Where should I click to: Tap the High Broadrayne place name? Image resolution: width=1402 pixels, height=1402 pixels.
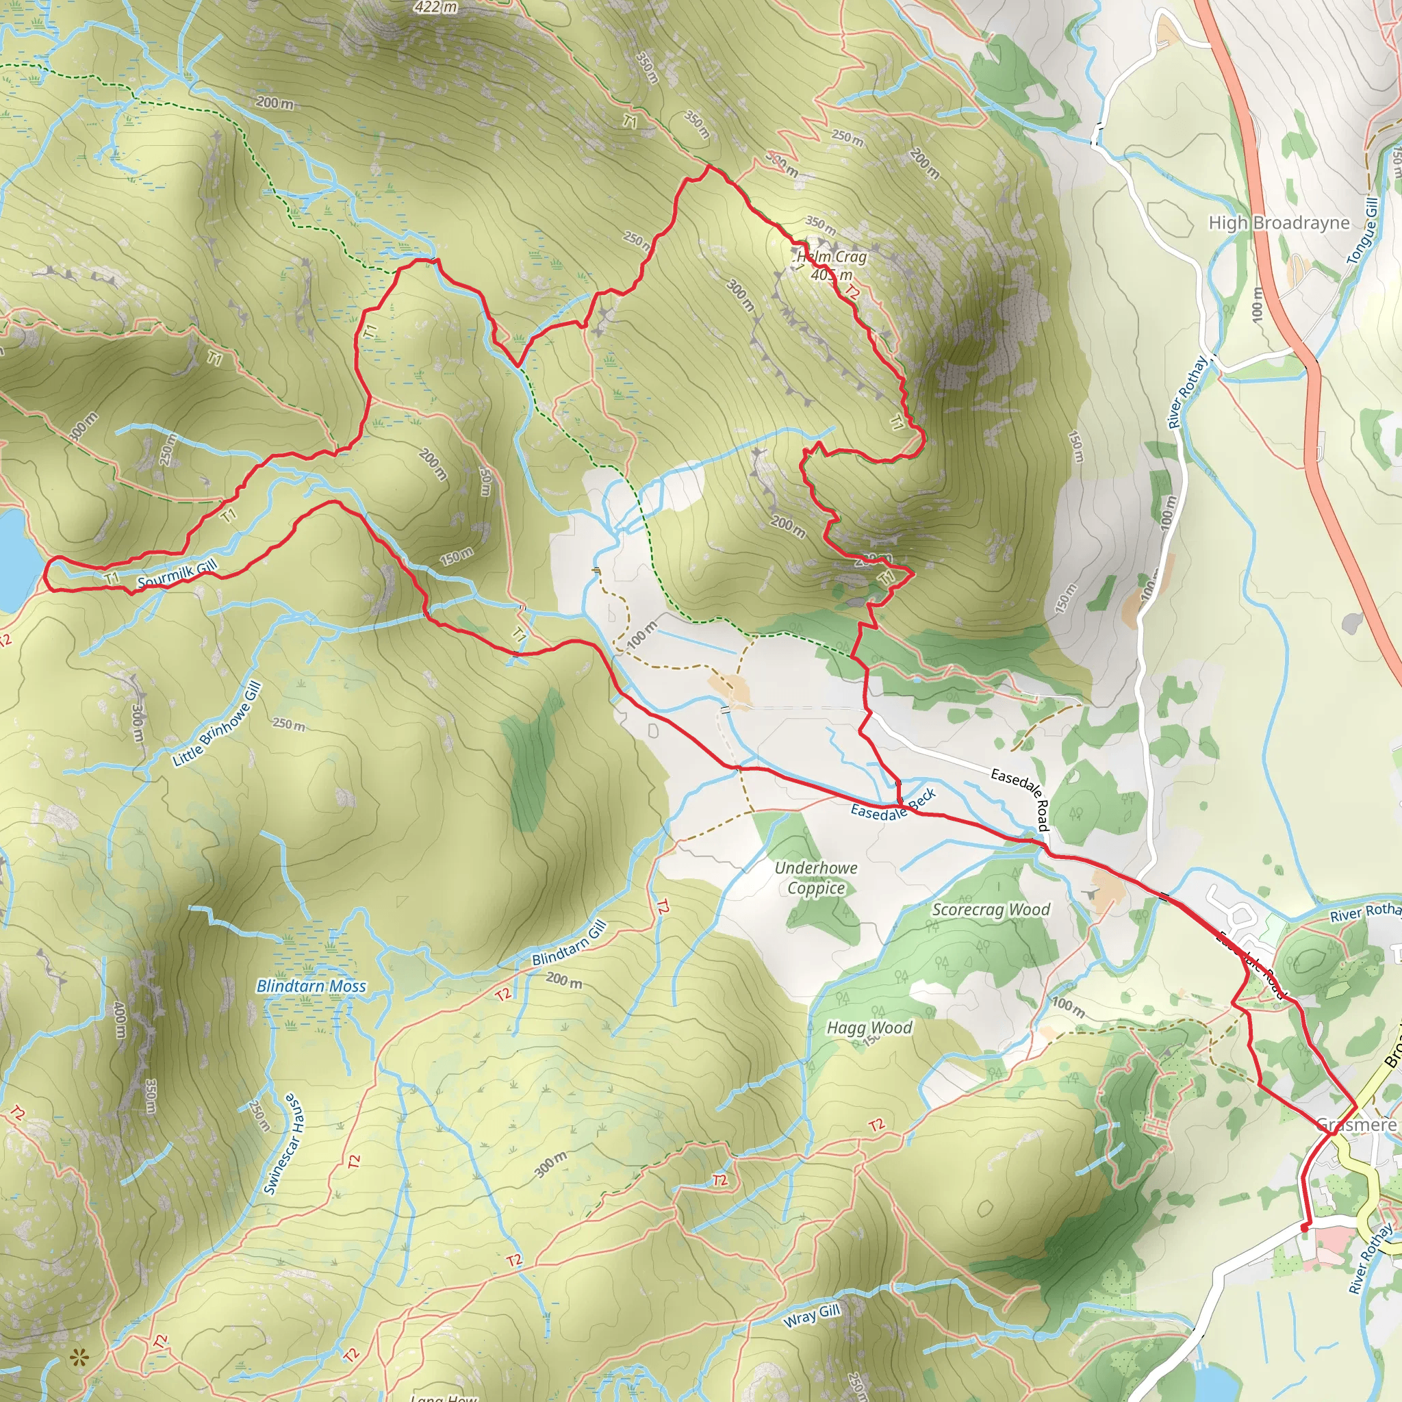[x=1279, y=222]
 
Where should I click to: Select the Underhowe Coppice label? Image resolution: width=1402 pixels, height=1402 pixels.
[x=815, y=878]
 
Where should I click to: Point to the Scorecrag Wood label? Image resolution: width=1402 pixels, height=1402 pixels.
[x=991, y=910]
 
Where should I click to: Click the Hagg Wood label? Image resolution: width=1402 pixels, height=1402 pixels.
[x=869, y=1028]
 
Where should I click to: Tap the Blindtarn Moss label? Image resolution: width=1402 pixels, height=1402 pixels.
[x=311, y=986]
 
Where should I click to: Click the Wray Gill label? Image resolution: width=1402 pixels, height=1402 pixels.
[x=811, y=1314]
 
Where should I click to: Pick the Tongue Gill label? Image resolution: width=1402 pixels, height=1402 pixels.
[x=1362, y=231]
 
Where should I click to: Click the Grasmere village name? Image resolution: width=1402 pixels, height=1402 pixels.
[x=1356, y=1125]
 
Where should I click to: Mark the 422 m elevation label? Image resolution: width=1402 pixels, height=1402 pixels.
[x=435, y=8]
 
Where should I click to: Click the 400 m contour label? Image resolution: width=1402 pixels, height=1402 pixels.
[x=120, y=1019]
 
